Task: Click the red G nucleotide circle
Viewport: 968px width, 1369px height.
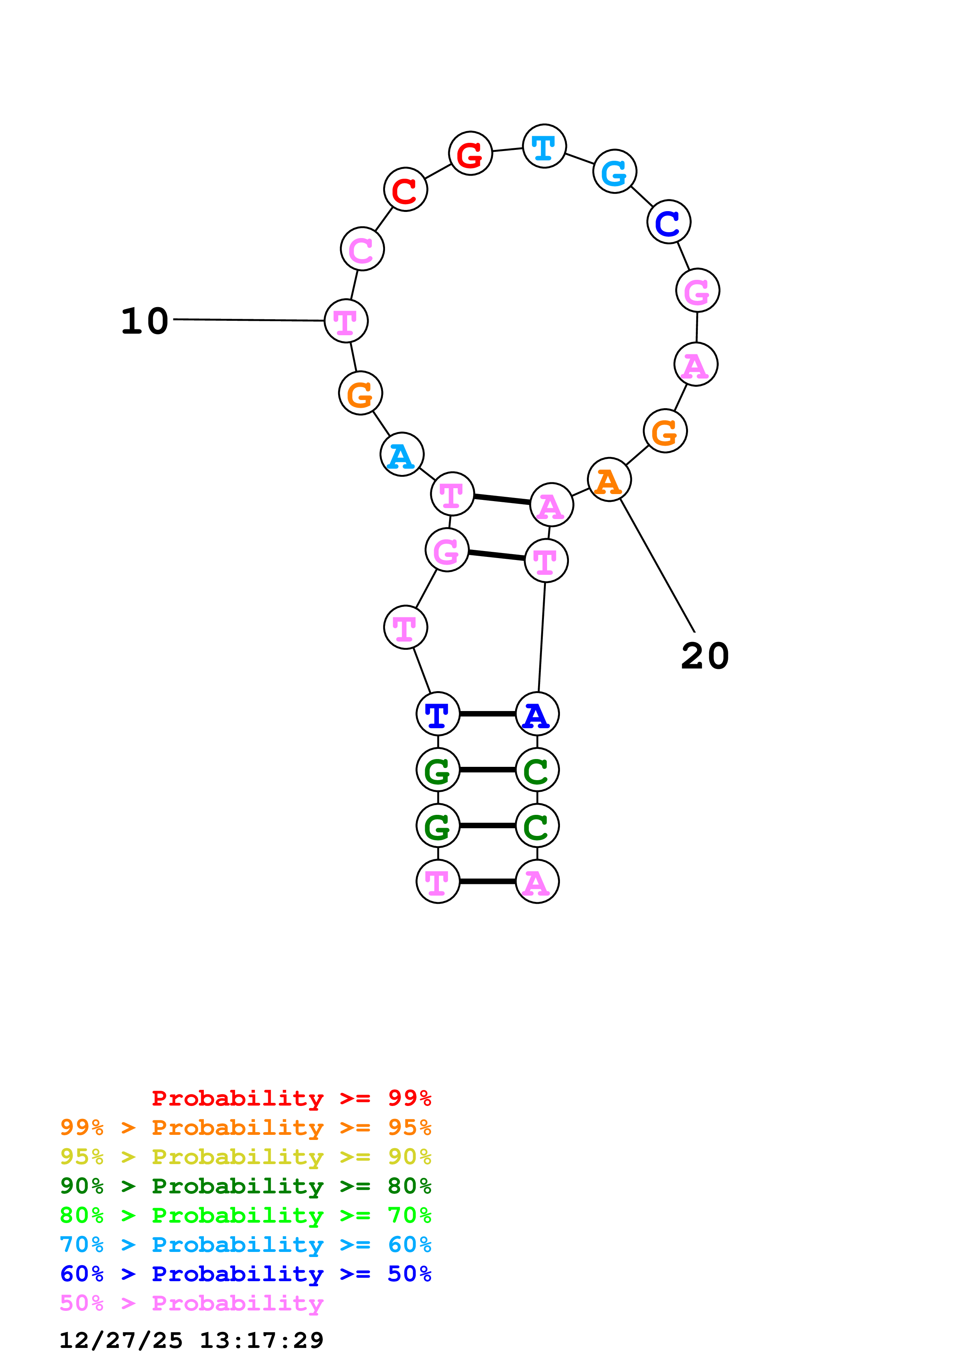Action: (470, 153)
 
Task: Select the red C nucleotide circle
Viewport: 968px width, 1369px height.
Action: (406, 190)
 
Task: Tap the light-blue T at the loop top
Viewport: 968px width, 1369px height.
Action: (544, 146)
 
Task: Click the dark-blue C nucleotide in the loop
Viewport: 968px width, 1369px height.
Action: (669, 222)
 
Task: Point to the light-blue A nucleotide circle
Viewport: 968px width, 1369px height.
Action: (402, 454)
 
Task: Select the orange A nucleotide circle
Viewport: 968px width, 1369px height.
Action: (609, 479)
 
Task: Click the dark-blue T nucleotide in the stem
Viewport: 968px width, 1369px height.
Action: (438, 714)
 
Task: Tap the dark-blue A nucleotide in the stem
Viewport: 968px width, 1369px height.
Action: (537, 714)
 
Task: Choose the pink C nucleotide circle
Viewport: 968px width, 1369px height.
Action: (362, 249)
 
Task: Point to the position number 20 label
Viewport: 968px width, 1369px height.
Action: (704, 656)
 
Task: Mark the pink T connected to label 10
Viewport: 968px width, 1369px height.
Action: (346, 321)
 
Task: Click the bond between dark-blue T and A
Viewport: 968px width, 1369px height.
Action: (487, 714)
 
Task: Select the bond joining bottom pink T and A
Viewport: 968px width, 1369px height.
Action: (487, 881)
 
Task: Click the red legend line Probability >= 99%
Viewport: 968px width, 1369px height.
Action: (291, 1098)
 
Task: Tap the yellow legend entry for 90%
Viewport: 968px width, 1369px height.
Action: (245, 1157)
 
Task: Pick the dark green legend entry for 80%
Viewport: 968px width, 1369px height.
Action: (245, 1186)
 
